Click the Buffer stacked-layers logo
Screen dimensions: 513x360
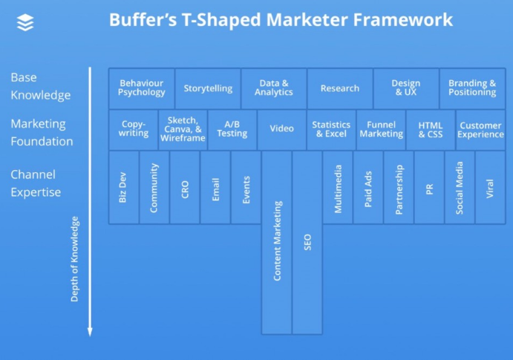(25, 22)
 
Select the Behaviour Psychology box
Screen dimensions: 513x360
(141, 88)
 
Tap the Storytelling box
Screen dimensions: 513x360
(208, 88)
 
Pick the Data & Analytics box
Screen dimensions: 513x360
(274, 88)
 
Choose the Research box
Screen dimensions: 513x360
(340, 88)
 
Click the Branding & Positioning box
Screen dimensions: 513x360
(472, 88)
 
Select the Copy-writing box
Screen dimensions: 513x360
(134, 130)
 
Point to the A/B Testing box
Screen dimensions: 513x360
(232, 130)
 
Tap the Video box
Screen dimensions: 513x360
(281, 130)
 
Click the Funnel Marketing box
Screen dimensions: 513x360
(381, 130)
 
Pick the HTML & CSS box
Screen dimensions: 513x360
(431, 130)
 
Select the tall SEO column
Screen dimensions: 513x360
(307, 243)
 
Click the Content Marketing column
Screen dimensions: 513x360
(277, 243)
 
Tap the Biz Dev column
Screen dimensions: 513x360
(124, 187)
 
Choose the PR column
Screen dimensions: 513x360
(429, 187)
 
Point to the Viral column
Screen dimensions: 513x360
(490, 187)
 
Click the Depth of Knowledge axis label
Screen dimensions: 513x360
(74, 259)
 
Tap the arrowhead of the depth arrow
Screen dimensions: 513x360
(90, 332)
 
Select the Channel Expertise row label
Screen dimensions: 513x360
(36, 183)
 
